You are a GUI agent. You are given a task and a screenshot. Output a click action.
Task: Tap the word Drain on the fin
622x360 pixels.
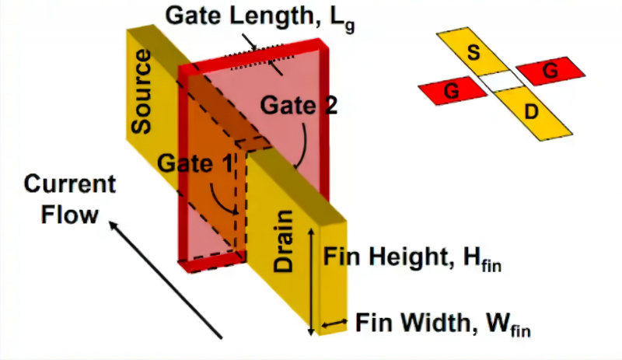click(x=284, y=242)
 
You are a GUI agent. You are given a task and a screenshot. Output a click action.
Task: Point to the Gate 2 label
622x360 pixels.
click(x=299, y=105)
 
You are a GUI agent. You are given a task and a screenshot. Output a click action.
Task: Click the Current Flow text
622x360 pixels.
click(x=69, y=199)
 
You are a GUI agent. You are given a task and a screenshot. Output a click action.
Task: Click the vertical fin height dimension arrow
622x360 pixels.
click(x=313, y=281)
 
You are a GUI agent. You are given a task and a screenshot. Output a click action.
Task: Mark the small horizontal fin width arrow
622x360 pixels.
click(x=335, y=323)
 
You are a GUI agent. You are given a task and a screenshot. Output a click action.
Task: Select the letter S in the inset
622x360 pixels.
click(x=472, y=53)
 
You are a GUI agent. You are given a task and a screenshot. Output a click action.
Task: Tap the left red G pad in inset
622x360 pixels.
click(x=449, y=93)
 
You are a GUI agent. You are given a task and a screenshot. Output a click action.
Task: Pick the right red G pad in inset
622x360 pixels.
click(x=550, y=72)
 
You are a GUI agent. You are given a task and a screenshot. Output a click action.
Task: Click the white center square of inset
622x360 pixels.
click(x=499, y=82)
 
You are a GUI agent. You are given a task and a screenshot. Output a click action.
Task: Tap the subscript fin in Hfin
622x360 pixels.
click(x=491, y=265)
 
